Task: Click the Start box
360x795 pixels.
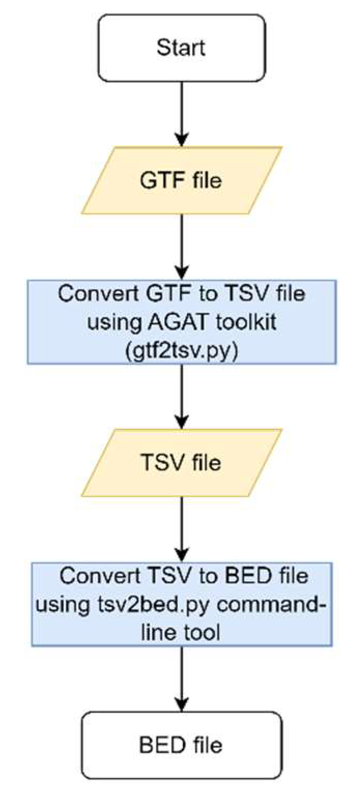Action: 181,48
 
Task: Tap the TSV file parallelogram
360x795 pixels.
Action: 181,462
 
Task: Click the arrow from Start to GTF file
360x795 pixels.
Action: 181,114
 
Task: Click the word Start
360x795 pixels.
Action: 181,48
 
